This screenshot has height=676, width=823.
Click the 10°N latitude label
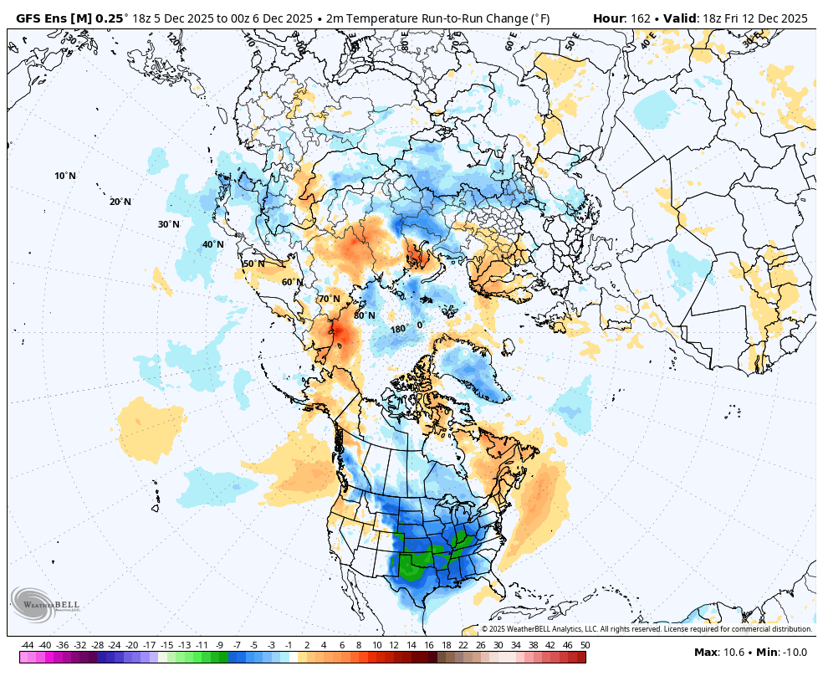65,176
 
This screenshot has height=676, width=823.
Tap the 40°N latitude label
213,244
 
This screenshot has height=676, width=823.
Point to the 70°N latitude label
329,299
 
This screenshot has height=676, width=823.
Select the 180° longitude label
398,329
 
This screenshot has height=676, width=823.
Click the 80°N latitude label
364,315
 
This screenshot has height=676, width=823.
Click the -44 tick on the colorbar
28,645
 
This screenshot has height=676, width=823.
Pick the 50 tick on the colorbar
585,645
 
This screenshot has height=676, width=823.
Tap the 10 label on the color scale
376,645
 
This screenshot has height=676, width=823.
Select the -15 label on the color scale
166,645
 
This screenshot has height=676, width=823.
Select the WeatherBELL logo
46,605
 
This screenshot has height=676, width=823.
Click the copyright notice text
647,629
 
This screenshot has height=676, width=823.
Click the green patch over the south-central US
412,566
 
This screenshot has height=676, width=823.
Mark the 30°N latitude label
169,224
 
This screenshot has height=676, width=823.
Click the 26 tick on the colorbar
481,645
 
